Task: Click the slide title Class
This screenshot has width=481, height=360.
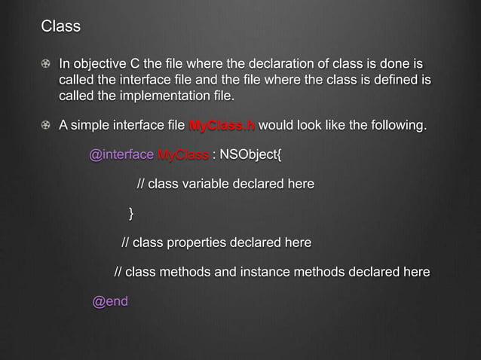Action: pos(60,27)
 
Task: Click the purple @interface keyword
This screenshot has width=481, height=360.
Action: pos(121,156)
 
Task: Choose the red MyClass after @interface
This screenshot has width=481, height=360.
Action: pos(182,156)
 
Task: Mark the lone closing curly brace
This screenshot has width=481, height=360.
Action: pos(132,214)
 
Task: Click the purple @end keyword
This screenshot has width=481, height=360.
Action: pos(110,302)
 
